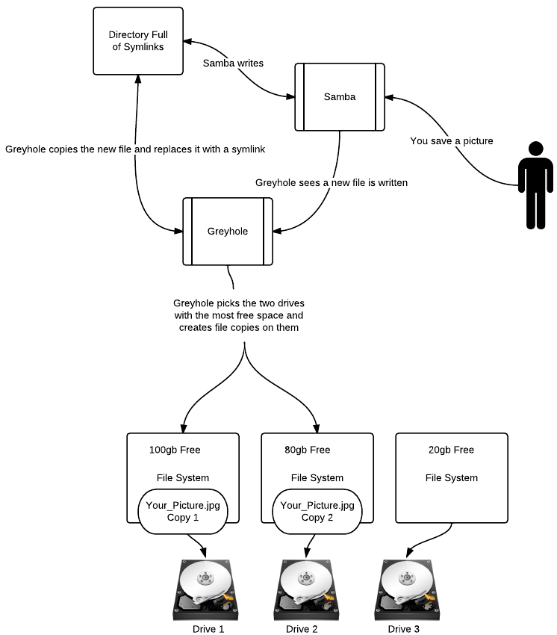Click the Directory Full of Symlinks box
coord(138,41)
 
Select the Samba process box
coord(339,97)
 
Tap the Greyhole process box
coord(227,231)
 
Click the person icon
coord(535,184)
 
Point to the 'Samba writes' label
coord(233,63)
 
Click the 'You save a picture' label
coord(452,140)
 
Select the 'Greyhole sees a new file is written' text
coord(332,182)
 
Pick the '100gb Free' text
coord(175,450)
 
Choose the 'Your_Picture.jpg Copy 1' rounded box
coord(183,512)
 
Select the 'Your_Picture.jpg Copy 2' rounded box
coord(317,512)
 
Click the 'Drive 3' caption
coord(404,629)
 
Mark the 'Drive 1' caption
coord(208,629)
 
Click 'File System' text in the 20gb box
coord(452,478)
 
